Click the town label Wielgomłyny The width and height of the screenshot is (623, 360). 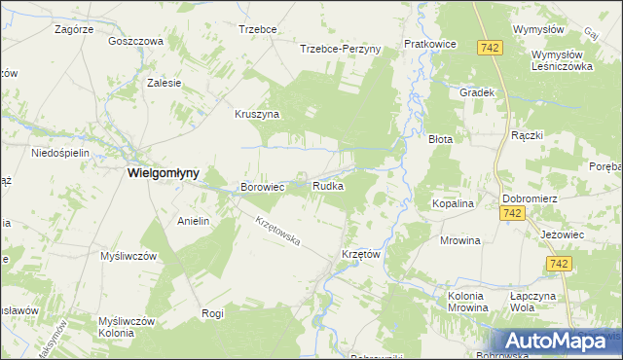(x=164, y=172)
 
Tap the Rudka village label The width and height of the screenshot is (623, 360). (x=327, y=186)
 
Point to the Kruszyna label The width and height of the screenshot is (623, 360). (x=257, y=114)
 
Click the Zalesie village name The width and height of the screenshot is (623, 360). (x=165, y=83)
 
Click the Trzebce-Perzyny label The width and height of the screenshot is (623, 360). (x=340, y=49)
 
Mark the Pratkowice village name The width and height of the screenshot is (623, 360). (x=430, y=45)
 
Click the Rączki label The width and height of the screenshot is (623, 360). (x=527, y=136)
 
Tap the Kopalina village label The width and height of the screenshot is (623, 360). (x=452, y=204)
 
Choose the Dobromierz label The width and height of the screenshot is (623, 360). (x=529, y=198)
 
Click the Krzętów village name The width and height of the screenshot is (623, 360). (x=360, y=254)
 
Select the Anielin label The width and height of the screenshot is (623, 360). (x=194, y=221)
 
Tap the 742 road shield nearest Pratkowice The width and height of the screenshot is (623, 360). (x=490, y=47)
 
